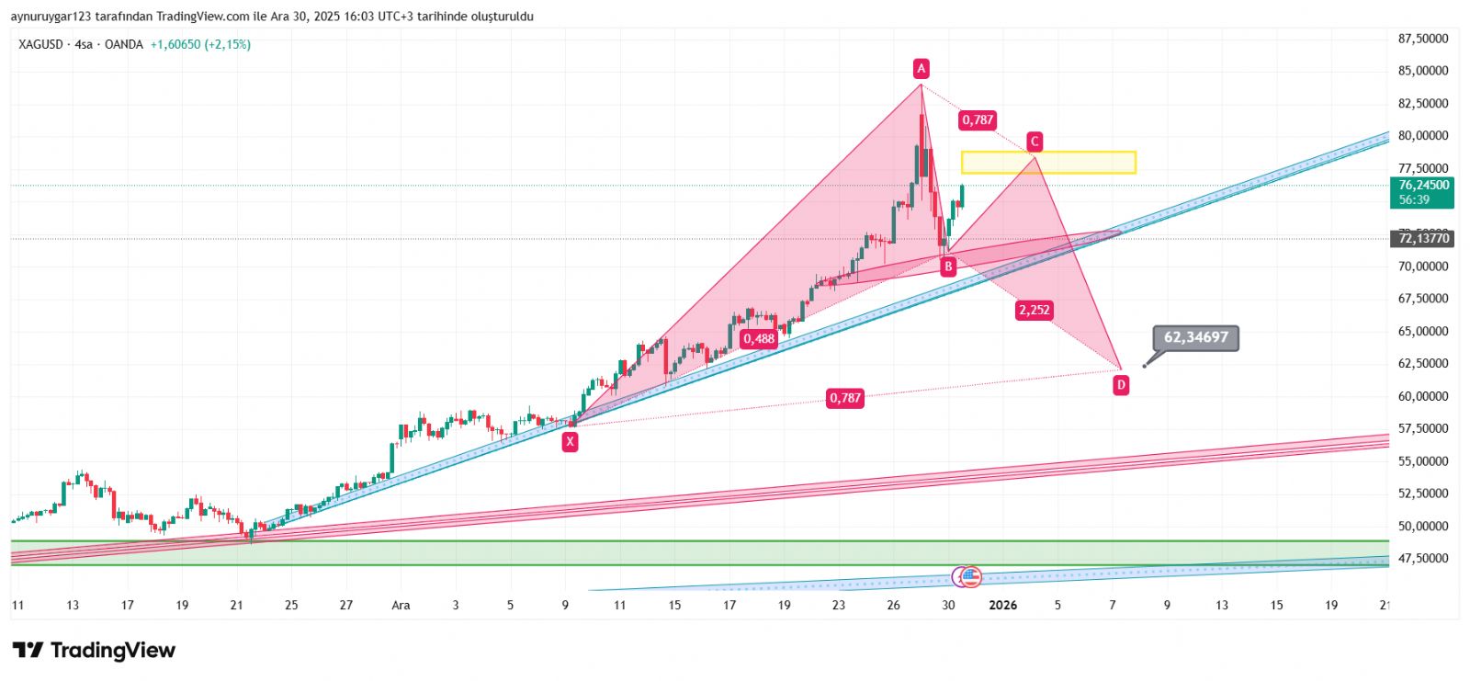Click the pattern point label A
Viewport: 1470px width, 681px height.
[x=921, y=68]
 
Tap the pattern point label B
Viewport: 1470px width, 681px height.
[x=948, y=267]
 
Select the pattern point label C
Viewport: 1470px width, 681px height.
[x=1035, y=142]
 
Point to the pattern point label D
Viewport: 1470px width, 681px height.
[x=1121, y=385]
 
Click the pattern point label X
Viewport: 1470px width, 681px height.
[x=571, y=441]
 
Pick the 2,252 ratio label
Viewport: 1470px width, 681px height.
[x=1034, y=310]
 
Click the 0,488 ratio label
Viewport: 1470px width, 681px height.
[x=759, y=338]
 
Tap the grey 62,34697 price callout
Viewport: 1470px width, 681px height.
[x=1195, y=337]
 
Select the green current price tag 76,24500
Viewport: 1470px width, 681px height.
[x=1422, y=192]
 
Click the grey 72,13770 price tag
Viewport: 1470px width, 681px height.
[x=1423, y=238]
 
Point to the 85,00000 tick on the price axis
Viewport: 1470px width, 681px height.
[x=1423, y=71]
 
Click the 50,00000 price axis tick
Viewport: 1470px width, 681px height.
[x=1423, y=526]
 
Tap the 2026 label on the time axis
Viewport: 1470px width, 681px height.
[x=1002, y=605]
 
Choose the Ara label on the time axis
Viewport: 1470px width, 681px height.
[x=401, y=605]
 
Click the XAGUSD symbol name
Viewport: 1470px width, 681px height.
[x=40, y=44]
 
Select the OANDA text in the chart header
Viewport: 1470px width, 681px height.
[x=124, y=44]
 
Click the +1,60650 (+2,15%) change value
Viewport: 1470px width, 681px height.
[x=200, y=44]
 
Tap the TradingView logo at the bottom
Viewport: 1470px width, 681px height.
[x=94, y=651]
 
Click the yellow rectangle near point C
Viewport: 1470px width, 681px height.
[x=1048, y=163]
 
